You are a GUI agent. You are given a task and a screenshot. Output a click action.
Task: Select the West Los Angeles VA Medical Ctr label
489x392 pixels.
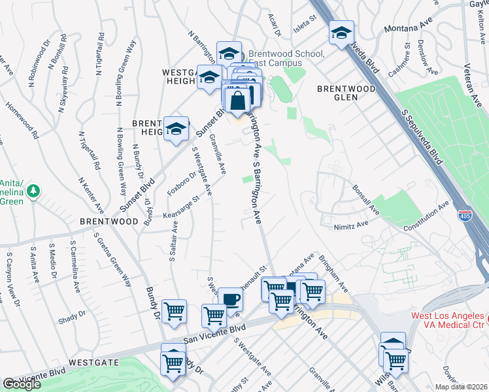click(x=448, y=321)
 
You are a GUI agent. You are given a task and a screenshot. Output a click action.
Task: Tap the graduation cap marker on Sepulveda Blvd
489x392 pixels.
click(x=341, y=33)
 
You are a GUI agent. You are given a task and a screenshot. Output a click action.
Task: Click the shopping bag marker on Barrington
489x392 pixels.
click(x=237, y=102)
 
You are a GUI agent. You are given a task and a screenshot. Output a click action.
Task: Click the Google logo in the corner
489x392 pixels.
click(x=22, y=384)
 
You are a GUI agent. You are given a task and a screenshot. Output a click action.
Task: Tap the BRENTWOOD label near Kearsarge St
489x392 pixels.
click(x=109, y=221)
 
